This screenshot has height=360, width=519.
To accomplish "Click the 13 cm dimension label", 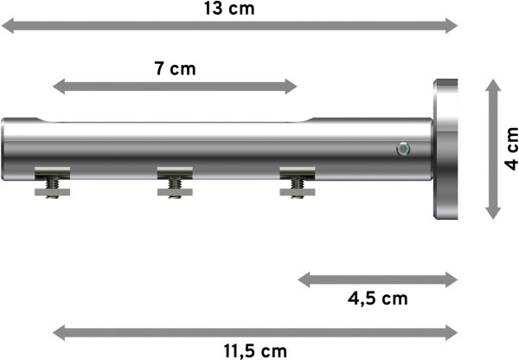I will [228, 9].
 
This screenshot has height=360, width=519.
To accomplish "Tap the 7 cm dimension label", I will [176, 68].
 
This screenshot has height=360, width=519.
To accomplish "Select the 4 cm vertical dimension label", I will [509, 148].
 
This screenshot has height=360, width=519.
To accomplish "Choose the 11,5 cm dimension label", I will [254, 350].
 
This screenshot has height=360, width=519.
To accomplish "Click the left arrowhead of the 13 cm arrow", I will [7, 27].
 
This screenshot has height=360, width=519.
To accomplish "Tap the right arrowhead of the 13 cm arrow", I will [451, 27].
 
